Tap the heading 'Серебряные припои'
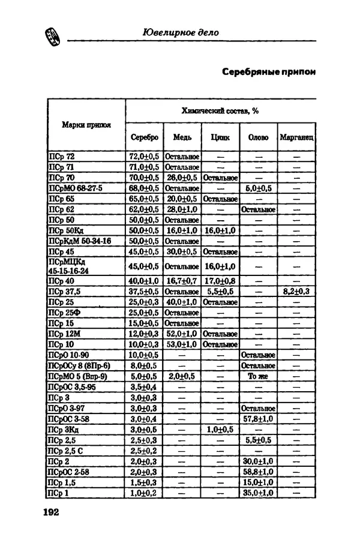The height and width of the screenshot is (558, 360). pyautogui.click(x=268, y=71)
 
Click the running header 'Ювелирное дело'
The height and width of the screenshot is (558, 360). pyautogui.click(x=181, y=32)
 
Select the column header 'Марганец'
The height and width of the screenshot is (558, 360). pyautogui.click(x=297, y=137)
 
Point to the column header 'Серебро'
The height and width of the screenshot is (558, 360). pyautogui.click(x=144, y=137)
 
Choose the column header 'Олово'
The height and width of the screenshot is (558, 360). pyautogui.click(x=258, y=137)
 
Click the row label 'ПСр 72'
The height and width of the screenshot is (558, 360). pyautogui.click(x=62, y=156)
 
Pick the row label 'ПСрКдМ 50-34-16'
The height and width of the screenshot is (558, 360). pyautogui.click(x=79, y=241)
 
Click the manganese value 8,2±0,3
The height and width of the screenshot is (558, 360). pyautogui.click(x=296, y=292)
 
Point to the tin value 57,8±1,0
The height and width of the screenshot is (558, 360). pyautogui.click(x=258, y=419)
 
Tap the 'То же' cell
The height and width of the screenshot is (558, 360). pyautogui.click(x=258, y=376)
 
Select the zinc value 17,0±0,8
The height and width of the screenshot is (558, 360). pyautogui.click(x=220, y=281)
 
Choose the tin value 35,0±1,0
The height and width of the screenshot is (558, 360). pyautogui.click(x=258, y=493)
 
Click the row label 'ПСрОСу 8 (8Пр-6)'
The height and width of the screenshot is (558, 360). pyautogui.click(x=79, y=365)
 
